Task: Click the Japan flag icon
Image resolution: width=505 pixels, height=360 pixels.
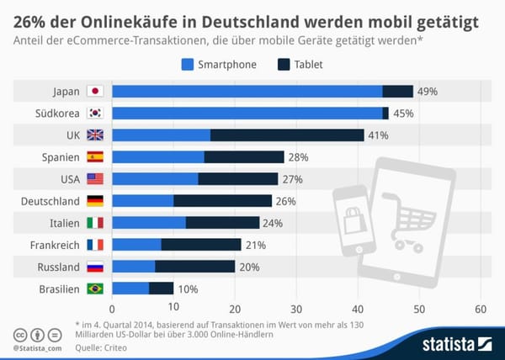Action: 95,92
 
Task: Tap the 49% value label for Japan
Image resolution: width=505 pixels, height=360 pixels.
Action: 428,92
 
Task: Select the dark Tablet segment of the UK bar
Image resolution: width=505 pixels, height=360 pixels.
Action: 287,135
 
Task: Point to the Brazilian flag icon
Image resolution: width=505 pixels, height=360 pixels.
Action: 95,289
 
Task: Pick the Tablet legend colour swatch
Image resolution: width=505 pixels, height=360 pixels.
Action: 284,64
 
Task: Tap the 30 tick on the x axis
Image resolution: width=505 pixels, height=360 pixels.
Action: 296,309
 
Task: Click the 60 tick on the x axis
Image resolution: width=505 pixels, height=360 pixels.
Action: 481,309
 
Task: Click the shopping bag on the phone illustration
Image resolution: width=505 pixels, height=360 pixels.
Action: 350,220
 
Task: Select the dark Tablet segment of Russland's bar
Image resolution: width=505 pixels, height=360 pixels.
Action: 194,267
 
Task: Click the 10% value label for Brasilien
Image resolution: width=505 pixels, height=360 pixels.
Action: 189,289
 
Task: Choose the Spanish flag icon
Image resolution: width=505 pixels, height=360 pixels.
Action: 95,157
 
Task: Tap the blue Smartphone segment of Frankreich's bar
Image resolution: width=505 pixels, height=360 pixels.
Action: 136,245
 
